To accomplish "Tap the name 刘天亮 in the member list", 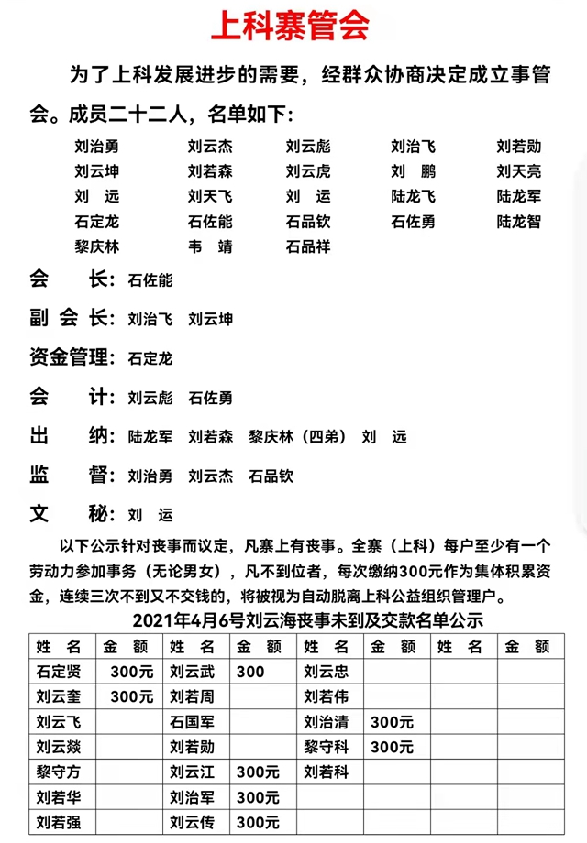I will [x=519, y=171].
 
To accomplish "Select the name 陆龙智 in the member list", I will [x=519, y=222].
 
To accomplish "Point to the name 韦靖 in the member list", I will [x=210, y=246].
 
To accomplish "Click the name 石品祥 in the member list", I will [x=308, y=246].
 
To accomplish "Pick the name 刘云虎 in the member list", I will [x=308, y=171].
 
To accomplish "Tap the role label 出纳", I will [x=69, y=436].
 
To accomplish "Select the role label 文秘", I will [x=69, y=513].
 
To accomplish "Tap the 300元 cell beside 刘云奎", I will [x=132, y=696].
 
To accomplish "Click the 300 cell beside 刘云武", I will [x=250, y=672].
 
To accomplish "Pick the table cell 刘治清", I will [x=327, y=722].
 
